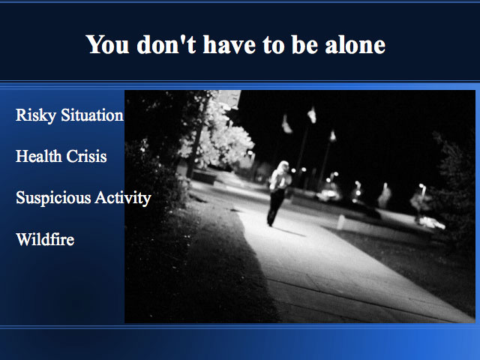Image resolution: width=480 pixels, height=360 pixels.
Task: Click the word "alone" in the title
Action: (x=355, y=45)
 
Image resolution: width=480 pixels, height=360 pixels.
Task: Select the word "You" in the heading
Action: (x=107, y=45)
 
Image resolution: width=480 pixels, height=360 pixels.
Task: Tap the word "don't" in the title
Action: (x=166, y=45)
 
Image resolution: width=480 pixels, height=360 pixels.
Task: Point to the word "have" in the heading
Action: (x=229, y=45)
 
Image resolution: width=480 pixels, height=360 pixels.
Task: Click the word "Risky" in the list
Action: (x=36, y=115)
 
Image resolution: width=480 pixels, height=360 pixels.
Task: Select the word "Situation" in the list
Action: (x=92, y=115)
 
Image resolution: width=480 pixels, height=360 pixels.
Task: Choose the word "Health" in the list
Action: (x=39, y=156)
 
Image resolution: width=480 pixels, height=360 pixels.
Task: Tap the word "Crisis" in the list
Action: (x=87, y=156)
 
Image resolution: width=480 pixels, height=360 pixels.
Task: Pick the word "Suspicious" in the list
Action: (x=53, y=198)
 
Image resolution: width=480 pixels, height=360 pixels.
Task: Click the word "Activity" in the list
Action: (x=123, y=198)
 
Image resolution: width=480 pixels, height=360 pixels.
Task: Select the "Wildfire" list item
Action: (x=45, y=239)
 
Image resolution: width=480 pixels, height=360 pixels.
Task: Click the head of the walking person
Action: (x=283, y=166)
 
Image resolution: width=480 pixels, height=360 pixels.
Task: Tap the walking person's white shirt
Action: (x=280, y=181)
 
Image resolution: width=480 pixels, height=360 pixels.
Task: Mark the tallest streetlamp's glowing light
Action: (x=312, y=115)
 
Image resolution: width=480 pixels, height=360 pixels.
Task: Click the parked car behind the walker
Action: (x=328, y=195)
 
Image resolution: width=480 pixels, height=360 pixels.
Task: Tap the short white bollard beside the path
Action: (x=340, y=222)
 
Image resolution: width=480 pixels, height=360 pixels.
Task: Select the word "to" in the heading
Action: (x=273, y=45)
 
